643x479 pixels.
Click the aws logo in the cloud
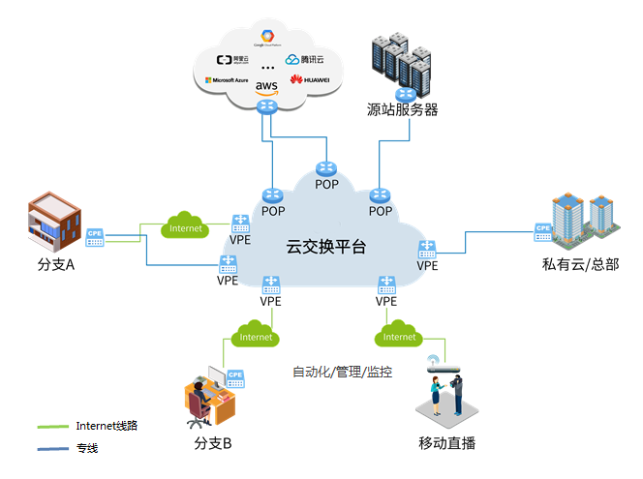click(x=266, y=86)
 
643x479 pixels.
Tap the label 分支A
click(x=55, y=264)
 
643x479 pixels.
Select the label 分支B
click(x=212, y=444)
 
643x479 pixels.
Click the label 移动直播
click(x=446, y=444)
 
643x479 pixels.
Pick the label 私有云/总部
click(x=581, y=264)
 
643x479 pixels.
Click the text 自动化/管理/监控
click(x=343, y=372)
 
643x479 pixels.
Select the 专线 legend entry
click(x=87, y=449)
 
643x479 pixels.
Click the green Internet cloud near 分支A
click(x=186, y=227)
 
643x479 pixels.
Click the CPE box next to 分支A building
click(x=95, y=235)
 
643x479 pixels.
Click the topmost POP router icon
click(x=326, y=168)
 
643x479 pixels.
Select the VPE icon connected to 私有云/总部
click(x=427, y=249)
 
